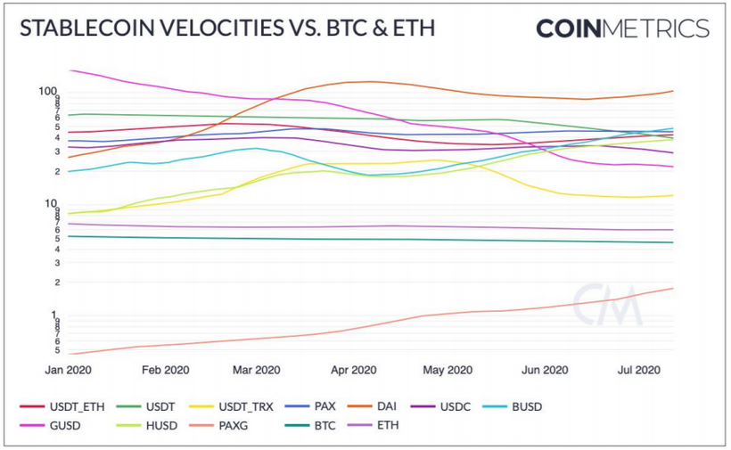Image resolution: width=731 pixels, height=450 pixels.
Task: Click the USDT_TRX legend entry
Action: click(x=228, y=406)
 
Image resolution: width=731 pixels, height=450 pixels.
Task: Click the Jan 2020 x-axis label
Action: click(x=70, y=370)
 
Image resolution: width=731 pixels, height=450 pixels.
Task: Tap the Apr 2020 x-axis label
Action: click(x=354, y=370)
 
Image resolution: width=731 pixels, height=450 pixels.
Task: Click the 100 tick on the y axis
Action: click(x=48, y=92)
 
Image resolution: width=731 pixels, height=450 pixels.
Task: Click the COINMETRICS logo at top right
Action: click(x=622, y=29)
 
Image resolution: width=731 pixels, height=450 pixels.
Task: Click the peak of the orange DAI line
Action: click(x=367, y=82)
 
